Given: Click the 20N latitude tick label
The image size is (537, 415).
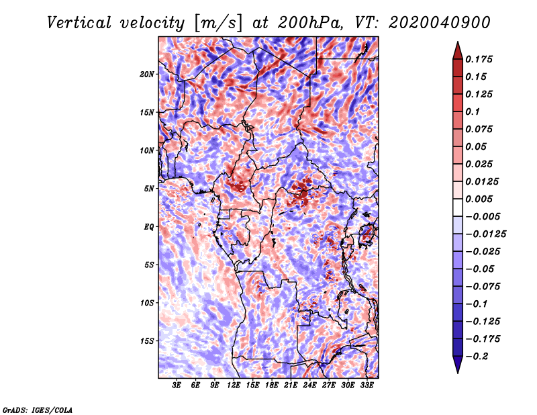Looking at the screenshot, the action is (146, 75).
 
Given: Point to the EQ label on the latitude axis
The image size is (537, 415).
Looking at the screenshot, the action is (148, 227).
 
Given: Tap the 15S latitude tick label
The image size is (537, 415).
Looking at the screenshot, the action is (146, 341).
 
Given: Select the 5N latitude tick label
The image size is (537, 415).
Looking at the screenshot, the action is (149, 189).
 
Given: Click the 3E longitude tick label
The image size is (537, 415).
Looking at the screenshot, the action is (177, 385).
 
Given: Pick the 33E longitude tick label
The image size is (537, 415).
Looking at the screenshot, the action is (367, 385).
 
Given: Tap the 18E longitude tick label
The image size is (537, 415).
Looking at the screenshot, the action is (272, 385).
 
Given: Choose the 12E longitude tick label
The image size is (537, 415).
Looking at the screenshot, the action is (234, 385).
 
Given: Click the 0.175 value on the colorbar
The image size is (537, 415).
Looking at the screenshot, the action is (479, 59).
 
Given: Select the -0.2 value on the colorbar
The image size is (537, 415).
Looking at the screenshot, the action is (477, 357).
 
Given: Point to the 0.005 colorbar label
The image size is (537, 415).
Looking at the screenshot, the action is (479, 199).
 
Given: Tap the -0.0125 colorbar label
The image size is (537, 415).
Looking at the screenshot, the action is (485, 234).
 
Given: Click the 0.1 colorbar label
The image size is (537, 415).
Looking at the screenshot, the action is (473, 111).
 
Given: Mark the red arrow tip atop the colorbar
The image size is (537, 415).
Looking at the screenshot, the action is (458, 42).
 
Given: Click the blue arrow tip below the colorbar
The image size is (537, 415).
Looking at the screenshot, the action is (458, 372).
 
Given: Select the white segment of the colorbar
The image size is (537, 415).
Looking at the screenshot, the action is (458, 207).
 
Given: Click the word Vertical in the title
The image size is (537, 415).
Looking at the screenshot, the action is (79, 23).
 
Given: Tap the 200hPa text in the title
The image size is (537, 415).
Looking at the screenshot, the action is (310, 23).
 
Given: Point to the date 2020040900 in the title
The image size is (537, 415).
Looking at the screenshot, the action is (440, 23).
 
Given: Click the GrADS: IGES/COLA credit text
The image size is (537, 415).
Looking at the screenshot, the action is (38, 410).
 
